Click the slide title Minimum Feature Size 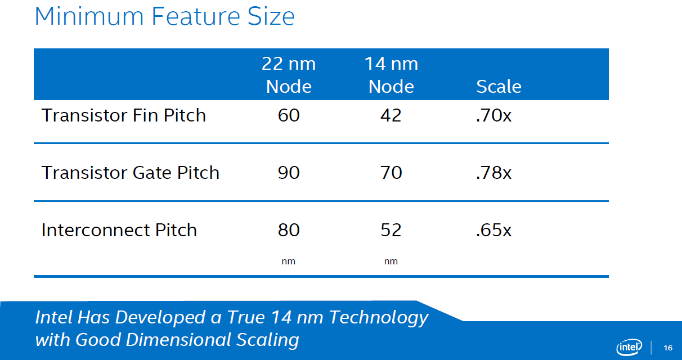[165, 16]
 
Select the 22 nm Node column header [289, 75]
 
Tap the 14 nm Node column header [391, 75]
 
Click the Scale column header [499, 87]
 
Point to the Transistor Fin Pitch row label [124, 115]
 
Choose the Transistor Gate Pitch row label [131, 173]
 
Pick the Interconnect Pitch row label [119, 229]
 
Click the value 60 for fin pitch [289, 115]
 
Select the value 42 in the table [391, 115]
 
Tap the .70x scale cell [493, 115]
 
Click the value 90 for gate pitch [289, 173]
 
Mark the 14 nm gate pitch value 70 [391, 173]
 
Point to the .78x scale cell [493, 173]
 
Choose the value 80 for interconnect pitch [289, 229]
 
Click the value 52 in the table [391, 229]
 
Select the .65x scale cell [493, 229]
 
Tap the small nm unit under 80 [288, 262]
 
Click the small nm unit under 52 [391, 262]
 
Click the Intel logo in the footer [629, 347]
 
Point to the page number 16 [668, 348]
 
